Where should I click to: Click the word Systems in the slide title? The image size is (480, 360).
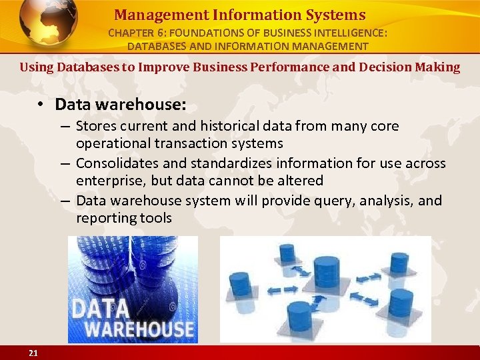pyautogui.click(x=334, y=15)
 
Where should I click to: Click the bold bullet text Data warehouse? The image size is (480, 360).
pyautogui.click(x=121, y=105)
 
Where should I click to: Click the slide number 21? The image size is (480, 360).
pyautogui.click(x=33, y=353)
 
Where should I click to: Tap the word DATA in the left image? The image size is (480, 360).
pyautogui.click(x=101, y=308)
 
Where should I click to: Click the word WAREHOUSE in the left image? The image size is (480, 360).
pyautogui.click(x=134, y=329)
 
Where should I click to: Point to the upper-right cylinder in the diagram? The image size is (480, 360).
pyautogui.click(x=399, y=264)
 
